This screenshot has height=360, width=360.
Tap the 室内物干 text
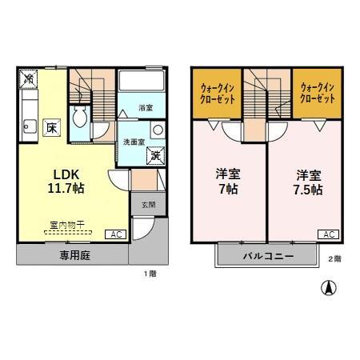point(58,226)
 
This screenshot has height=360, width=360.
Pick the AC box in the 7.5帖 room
point(328,234)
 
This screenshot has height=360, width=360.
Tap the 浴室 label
point(145,106)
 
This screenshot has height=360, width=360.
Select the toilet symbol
point(80,119)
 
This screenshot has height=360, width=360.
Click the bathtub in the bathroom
point(141,82)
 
